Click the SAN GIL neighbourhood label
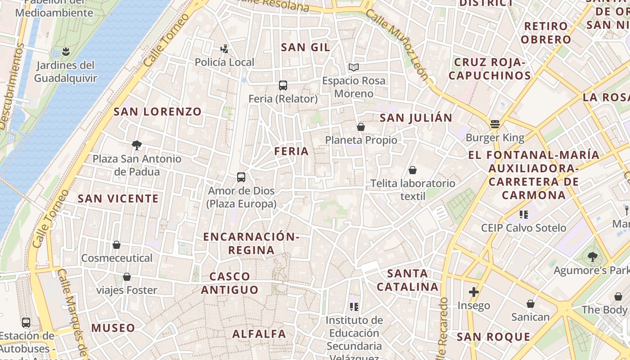tap(306, 47)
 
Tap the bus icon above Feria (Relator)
tap(283, 85)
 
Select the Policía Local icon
tap(225, 49)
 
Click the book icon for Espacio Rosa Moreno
tap(354, 67)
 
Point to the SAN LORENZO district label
tap(157, 112)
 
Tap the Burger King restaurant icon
tap(495, 124)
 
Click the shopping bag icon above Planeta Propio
tap(360, 127)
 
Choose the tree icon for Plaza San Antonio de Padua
tap(137, 145)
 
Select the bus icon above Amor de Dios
tap(241, 177)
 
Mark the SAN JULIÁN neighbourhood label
tap(416, 118)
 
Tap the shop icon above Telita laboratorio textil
tap(413, 170)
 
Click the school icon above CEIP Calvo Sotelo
tap(523, 215)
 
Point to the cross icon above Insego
tap(473, 292)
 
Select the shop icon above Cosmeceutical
tap(117, 245)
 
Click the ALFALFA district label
tap(259, 334)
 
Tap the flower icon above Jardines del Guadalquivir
tap(66, 51)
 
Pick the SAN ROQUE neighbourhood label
tap(494, 337)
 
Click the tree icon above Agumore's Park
tap(593, 257)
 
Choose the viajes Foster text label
tap(127, 290)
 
